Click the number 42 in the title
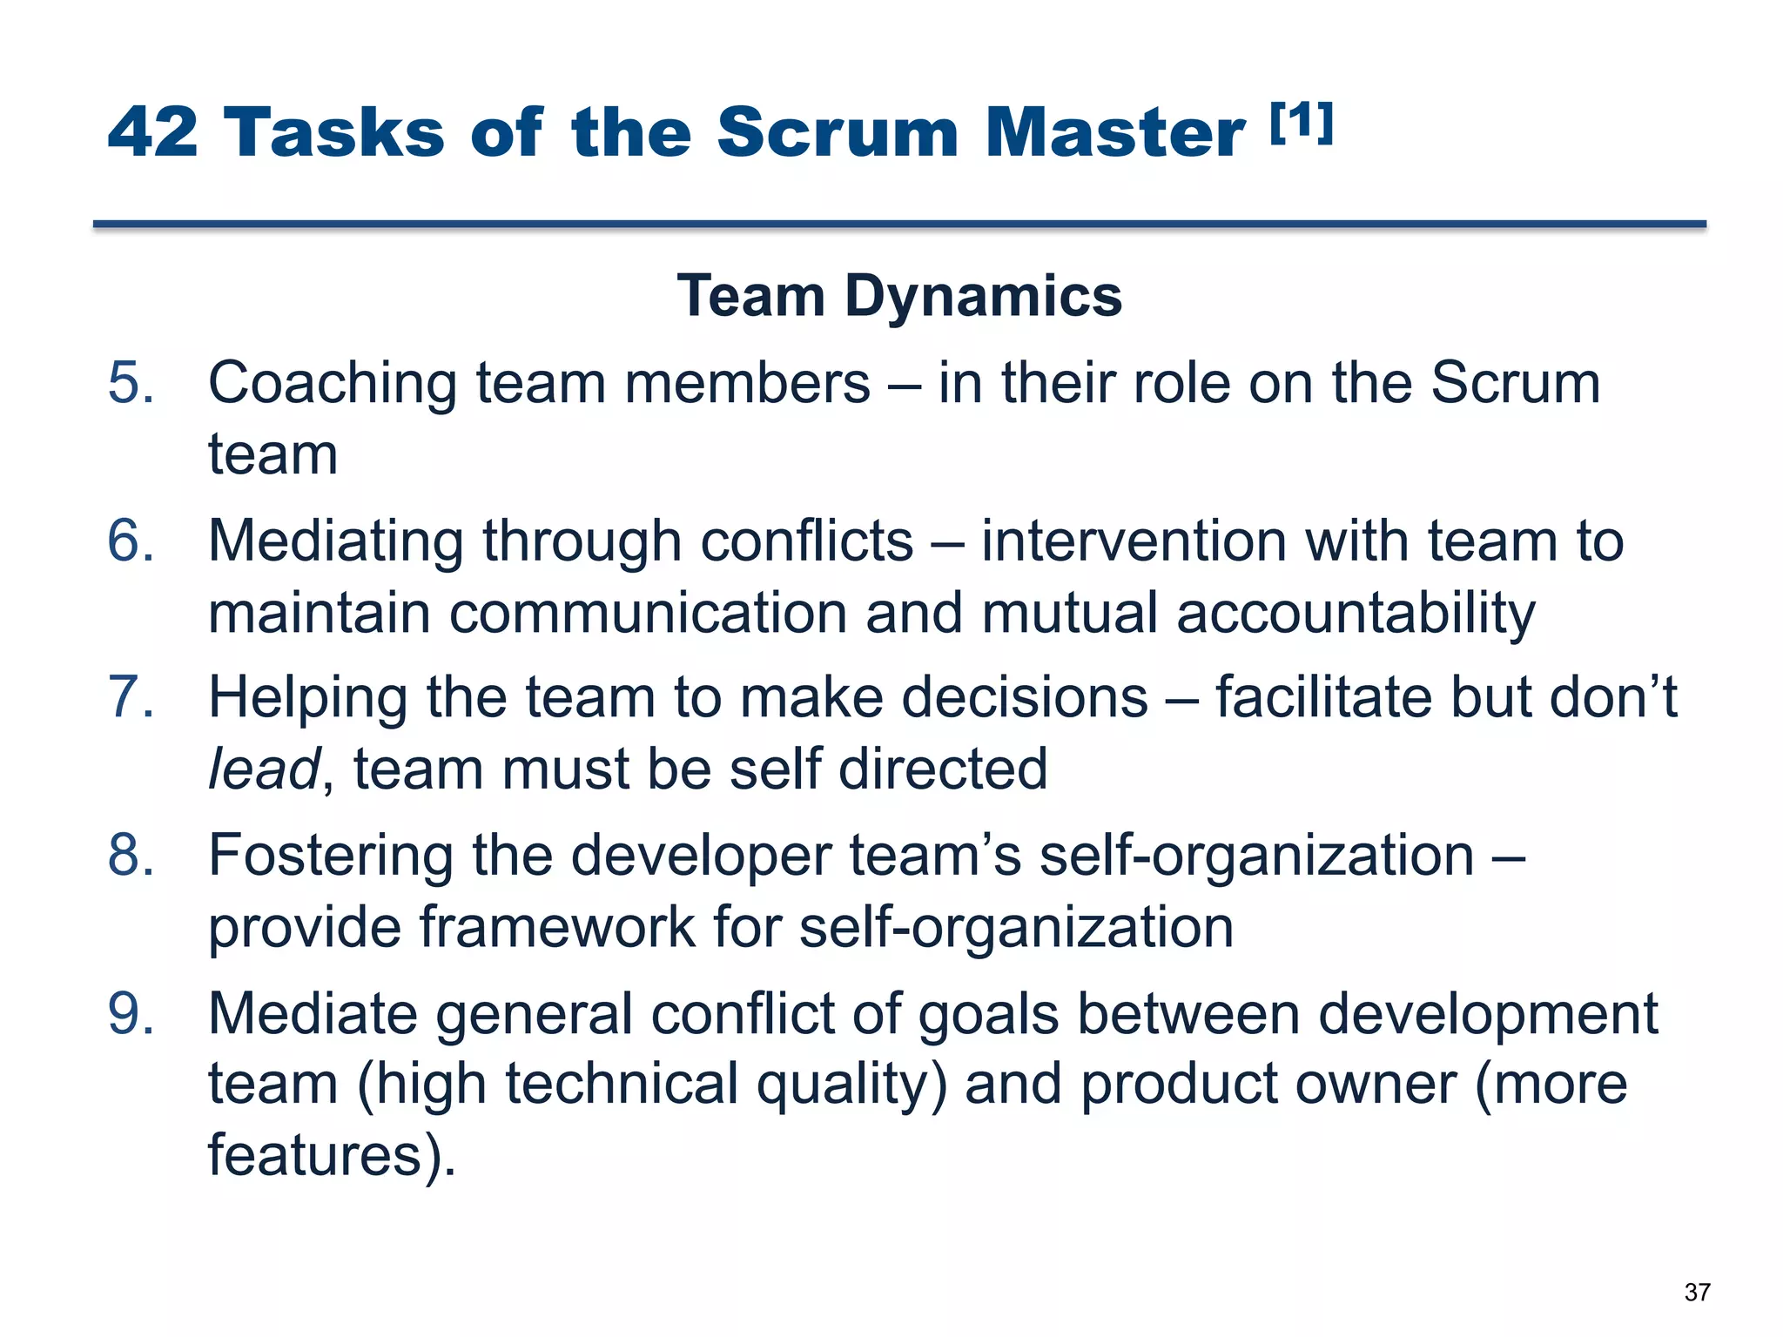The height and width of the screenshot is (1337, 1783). pyautogui.click(x=153, y=132)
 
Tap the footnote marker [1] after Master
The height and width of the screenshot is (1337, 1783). pyautogui.click(x=1301, y=123)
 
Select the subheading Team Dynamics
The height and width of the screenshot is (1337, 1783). pyautogui.click(x=899, y=296)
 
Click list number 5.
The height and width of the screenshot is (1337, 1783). pyautogui.click(x=131, y=383)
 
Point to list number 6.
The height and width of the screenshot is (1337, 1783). pyautogui.click(x=131, y=541)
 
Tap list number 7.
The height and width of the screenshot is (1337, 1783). pyautogui.click(x=131, y=698)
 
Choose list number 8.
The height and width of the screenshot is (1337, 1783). pyautogui.click(x=131, y=855)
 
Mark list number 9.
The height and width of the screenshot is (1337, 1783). pyautogui.click(x=131, y=1014)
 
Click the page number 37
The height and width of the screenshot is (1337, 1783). pyautogui.click(x=1697, y=1292)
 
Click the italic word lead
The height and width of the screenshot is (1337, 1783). pyautogui.click(x=264, y=769)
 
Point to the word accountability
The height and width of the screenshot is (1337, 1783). pyautogui.click(x=1356, y=615)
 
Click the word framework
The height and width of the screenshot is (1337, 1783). pyautogui.click(x=556, y=927)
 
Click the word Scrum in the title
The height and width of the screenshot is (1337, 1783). pyautogui.click(x=838, y=132)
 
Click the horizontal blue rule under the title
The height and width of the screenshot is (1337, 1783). pyautogui.click(x=899, y=225)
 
